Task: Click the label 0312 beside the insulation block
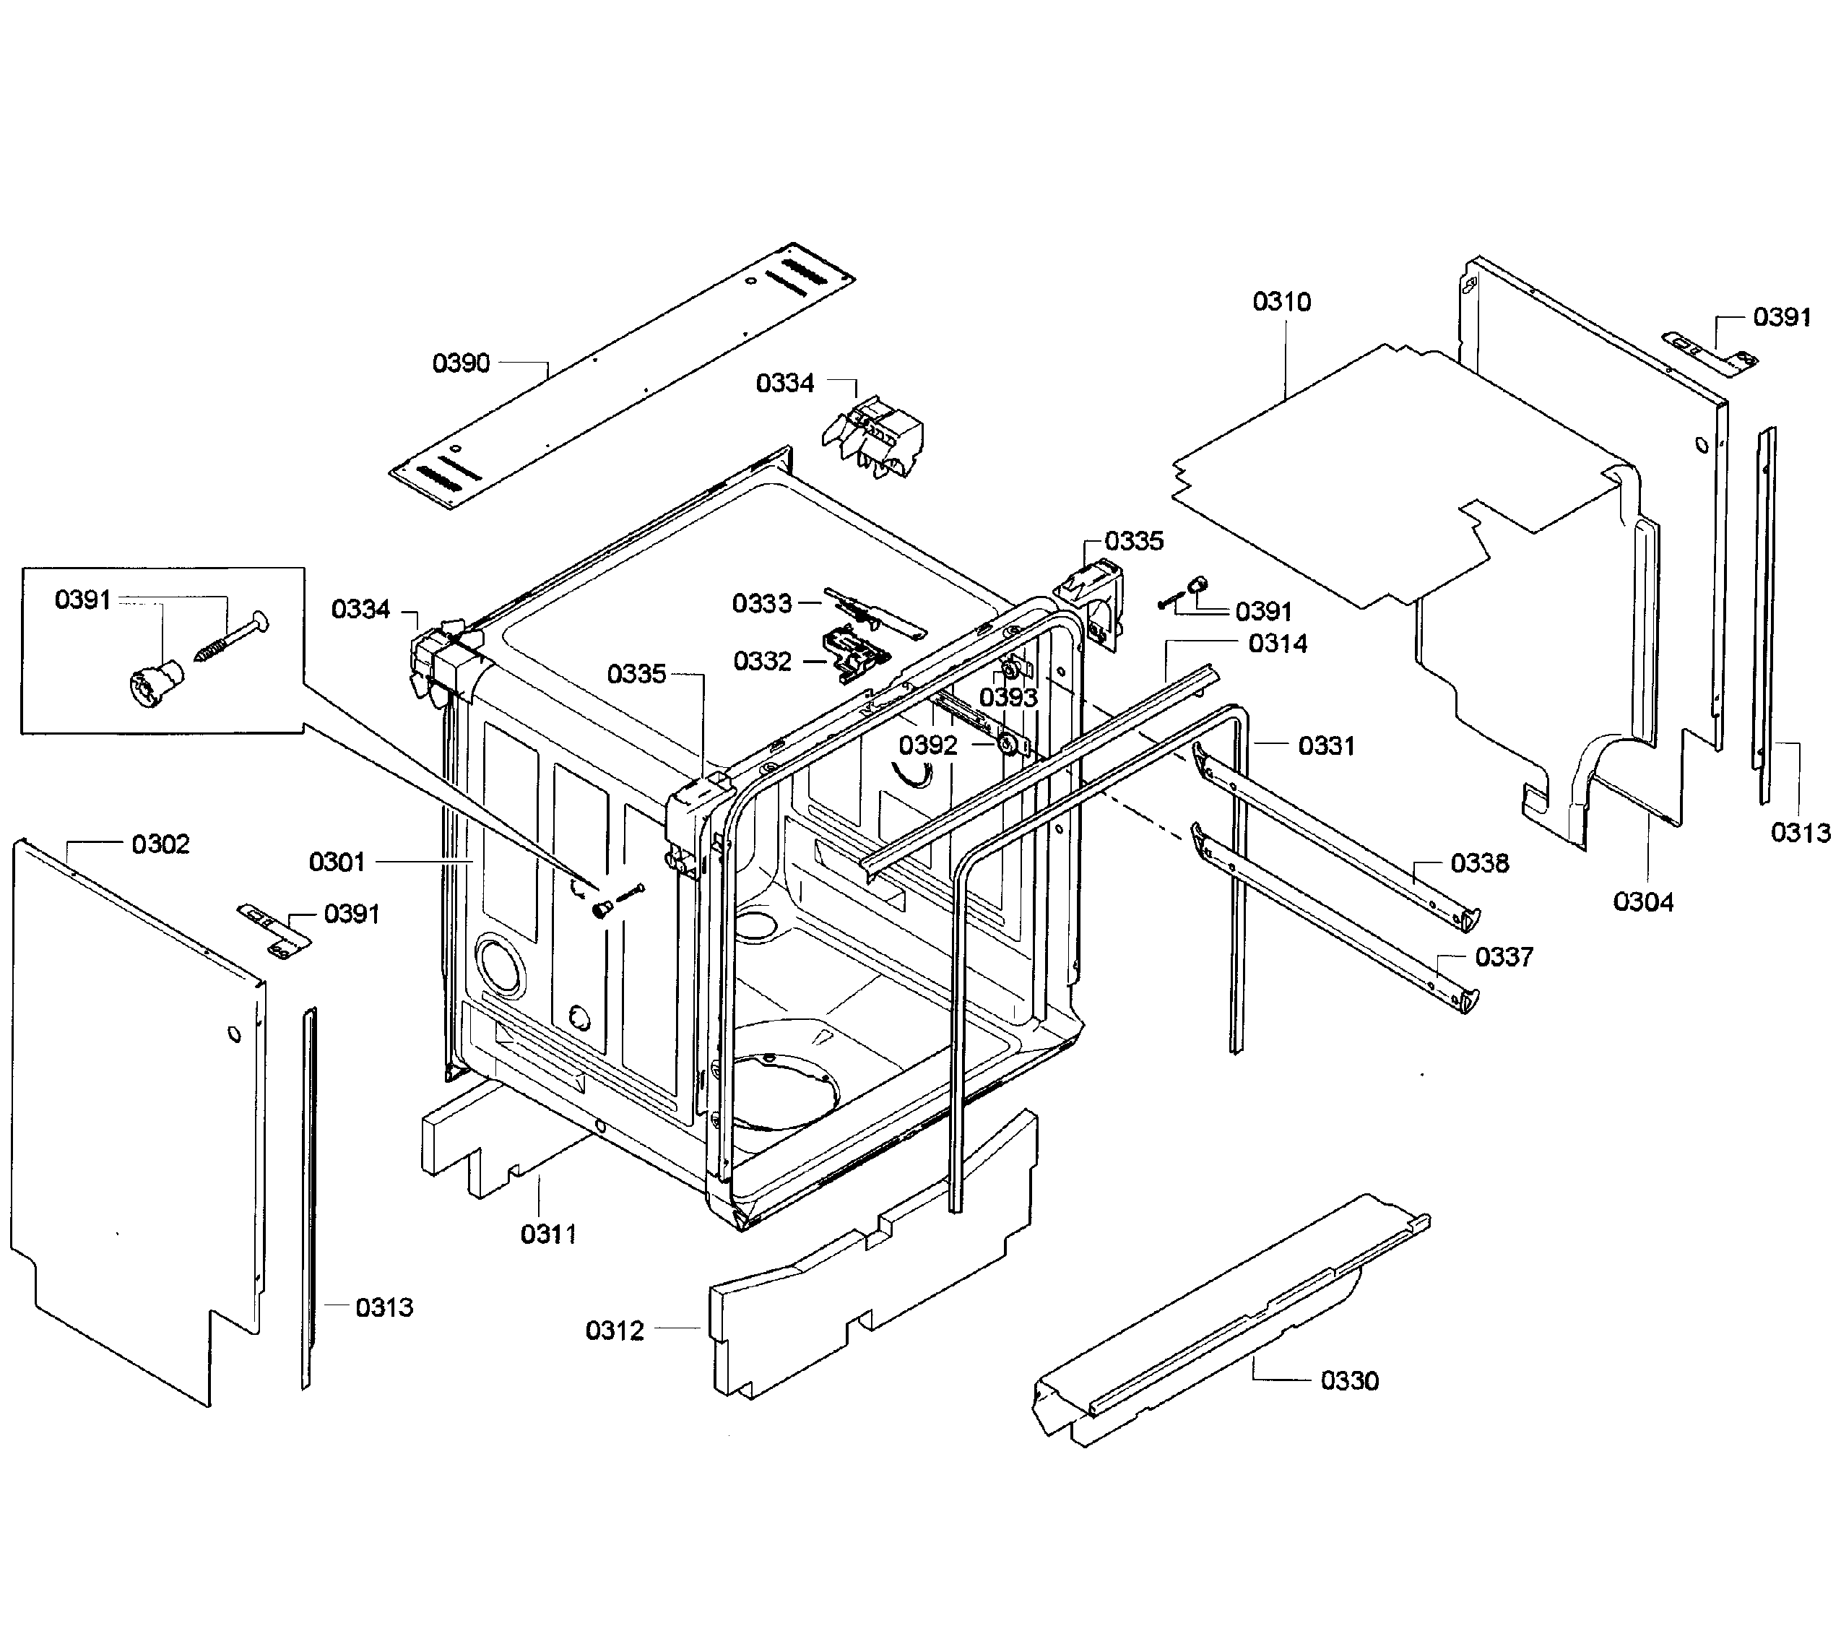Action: (x=614, y=1331)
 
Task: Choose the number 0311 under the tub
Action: (x=548, y=1234)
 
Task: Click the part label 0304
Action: (x=1643, y=901)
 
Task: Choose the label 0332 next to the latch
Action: (x=762, y=661)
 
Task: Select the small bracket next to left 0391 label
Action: (x=274, y=932)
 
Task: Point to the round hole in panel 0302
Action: (x=234, y=1033)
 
